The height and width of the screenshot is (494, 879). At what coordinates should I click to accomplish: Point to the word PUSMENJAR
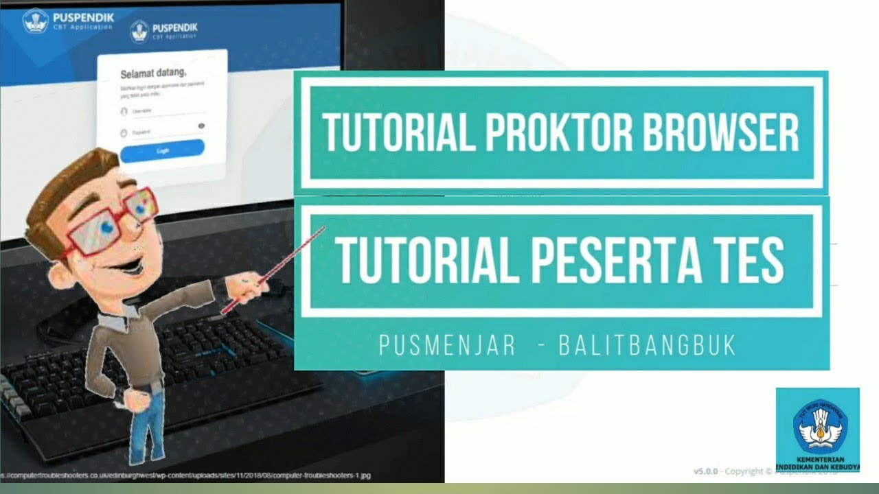tap(447, 346)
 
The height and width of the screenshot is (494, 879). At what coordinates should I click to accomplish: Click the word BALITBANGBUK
tap(648, 346)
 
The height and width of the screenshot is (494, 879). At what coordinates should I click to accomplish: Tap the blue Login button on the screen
tap(162, 150)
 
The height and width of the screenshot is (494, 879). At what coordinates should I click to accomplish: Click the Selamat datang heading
tap(154, 73)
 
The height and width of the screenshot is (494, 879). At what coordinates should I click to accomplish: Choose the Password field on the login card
tap(161, 132)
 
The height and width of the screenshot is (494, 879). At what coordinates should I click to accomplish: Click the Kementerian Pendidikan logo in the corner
tap(818, 430)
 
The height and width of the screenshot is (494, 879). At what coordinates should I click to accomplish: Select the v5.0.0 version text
tap(705, 471)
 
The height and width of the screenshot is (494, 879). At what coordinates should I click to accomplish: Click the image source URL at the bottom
tap(185, 475)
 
